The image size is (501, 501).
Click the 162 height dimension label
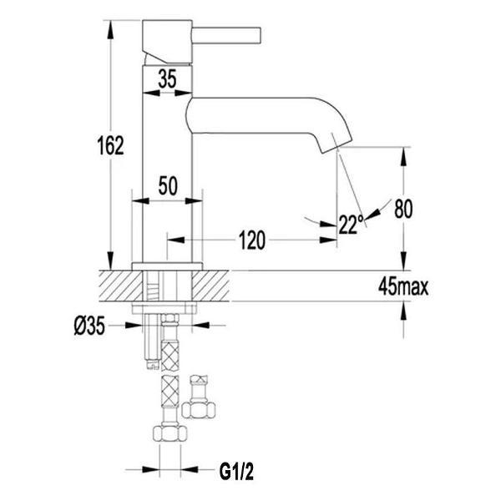coord(109,145)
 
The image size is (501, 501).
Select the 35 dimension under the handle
coord(167,80)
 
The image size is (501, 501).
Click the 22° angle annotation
coord(352,223)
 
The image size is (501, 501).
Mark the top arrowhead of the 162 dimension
coord(109,27)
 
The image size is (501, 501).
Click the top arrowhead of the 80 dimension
coord(404,151)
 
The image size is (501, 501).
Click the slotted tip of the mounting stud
coord(152,362)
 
